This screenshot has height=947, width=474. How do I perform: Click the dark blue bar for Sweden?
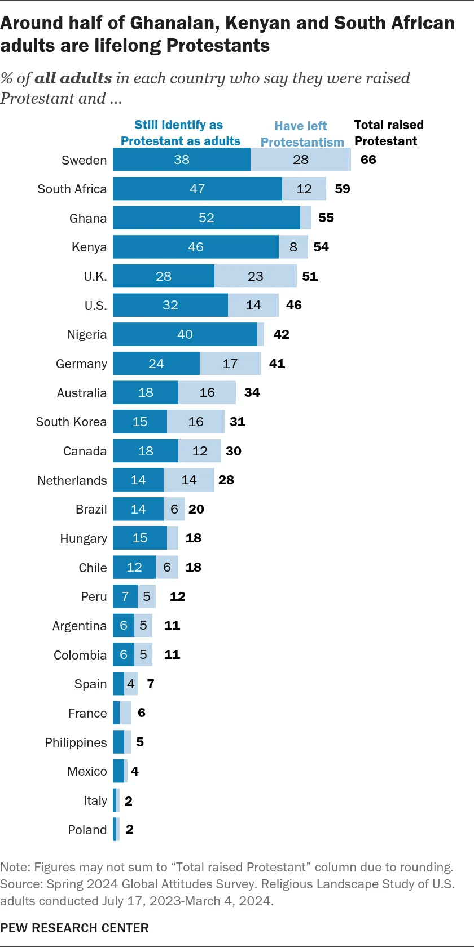[x=181, y=160]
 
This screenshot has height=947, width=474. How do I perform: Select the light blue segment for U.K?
[x=256, y=276]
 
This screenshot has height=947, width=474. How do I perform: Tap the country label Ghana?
[x=88, y=218]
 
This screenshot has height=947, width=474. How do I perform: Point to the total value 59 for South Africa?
[x=343, y=189]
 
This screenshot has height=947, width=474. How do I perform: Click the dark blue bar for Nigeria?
[x=185, y=334]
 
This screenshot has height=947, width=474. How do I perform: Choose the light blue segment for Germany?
[x=230, y=364]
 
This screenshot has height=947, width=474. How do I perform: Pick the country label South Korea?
[x=71, y=422]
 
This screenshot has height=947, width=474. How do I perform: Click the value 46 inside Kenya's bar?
[x=196, y=247]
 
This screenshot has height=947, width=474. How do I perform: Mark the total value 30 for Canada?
[x=234, y=451]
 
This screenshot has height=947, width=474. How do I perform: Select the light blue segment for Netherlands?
[x=189, y=480]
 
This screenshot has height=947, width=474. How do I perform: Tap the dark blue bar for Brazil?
[x=138, y=509]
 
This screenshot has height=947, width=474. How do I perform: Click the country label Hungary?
[x=84, y=538]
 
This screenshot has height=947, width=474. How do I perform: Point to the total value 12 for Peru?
[x=178, y=596]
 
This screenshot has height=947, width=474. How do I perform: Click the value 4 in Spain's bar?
[x=131, y=684]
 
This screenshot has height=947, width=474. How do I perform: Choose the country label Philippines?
[x=76, y=742]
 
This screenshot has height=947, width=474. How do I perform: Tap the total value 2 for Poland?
[x=130, y=829]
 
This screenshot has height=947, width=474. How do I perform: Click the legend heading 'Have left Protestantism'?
[x=302, y=134]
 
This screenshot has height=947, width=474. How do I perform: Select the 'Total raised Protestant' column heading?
[x=388, y=133]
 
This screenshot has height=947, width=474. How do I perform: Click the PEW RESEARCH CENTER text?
[x=74, y=928]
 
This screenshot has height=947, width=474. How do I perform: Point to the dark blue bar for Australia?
[x=146, y=392]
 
